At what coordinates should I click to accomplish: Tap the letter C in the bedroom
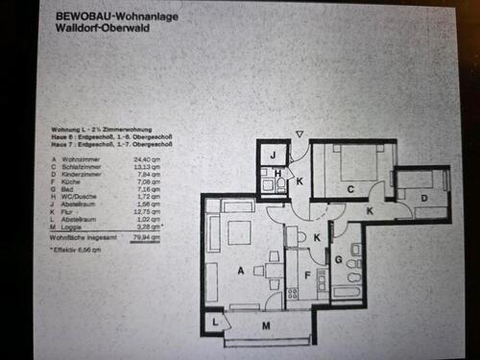(x=351, y=187)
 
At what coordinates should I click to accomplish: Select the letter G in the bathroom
(x=340, y=258)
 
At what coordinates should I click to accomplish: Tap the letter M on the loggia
(x=265, y=327)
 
